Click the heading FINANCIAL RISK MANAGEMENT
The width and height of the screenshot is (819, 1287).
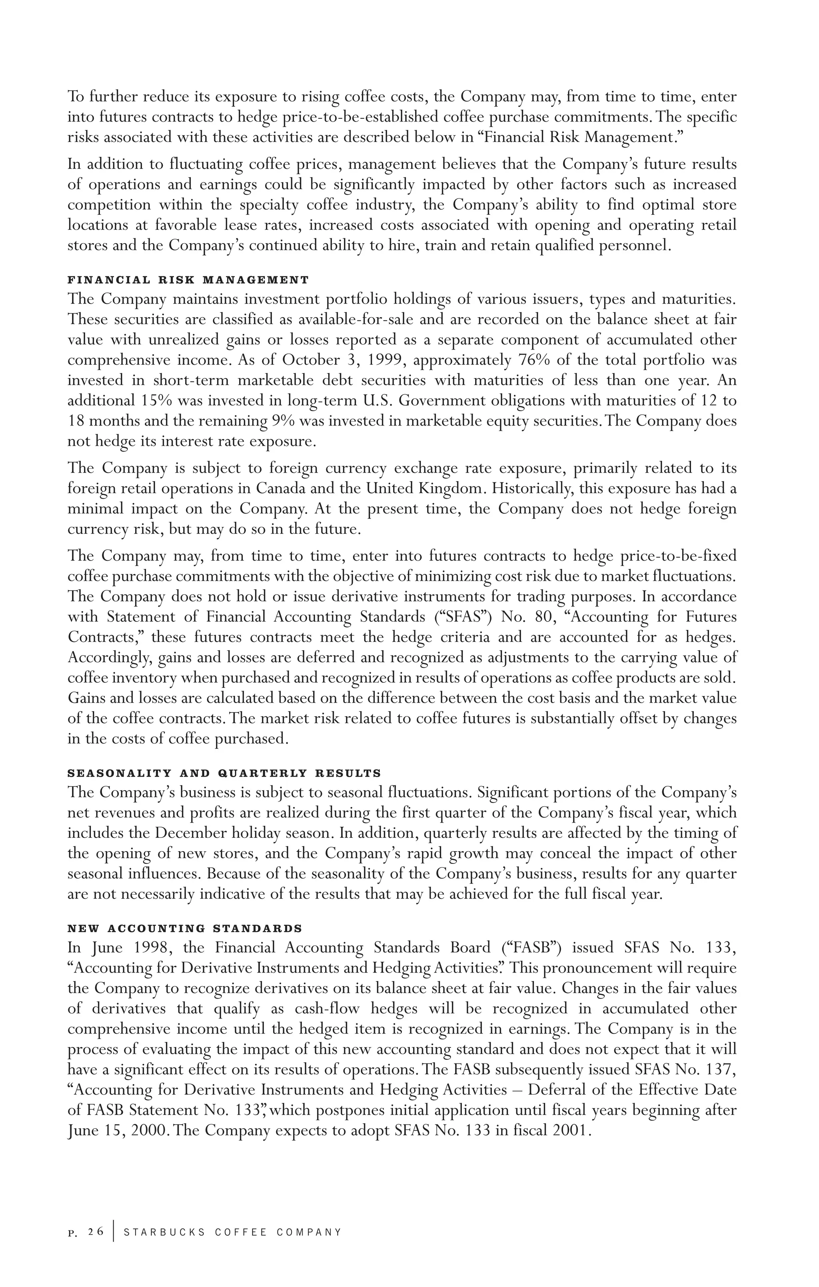(x=188, y=280)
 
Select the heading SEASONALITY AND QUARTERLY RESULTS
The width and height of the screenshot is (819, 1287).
(x=224, y=773)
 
